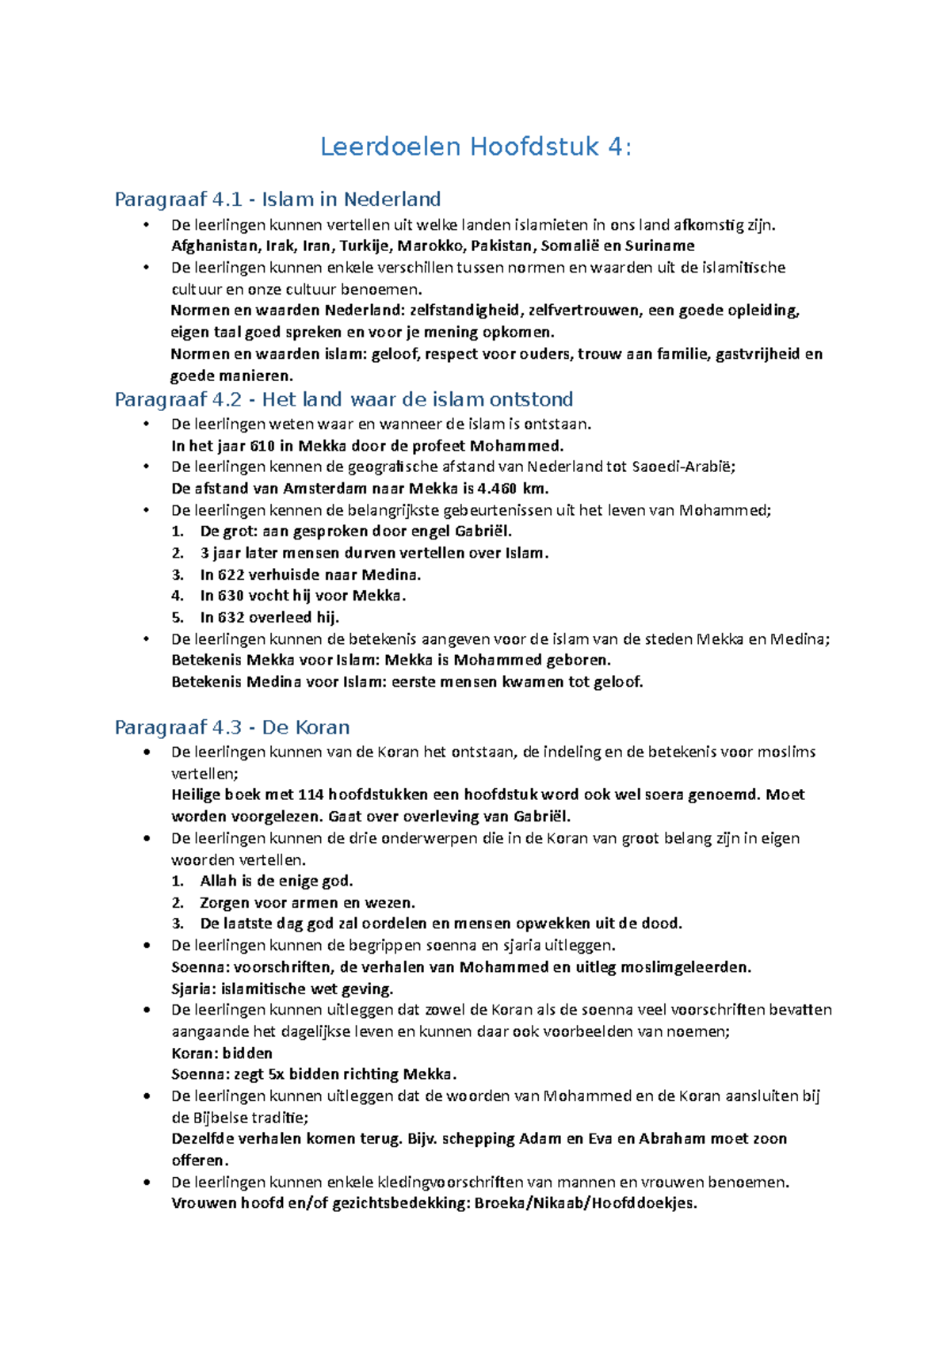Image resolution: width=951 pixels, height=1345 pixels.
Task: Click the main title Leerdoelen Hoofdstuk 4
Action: pos(475,147)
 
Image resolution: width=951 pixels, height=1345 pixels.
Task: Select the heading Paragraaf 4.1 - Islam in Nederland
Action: pos(277,199)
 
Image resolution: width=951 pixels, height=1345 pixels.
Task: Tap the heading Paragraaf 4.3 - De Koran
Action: pos(232,727)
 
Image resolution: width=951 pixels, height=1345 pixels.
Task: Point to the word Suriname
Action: pos(660,246)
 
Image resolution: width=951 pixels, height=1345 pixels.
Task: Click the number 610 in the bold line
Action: pos(262,445)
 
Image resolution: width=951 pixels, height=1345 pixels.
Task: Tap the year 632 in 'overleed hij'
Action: pos(231,617)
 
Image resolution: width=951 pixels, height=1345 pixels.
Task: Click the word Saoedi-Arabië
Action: pos(683,467)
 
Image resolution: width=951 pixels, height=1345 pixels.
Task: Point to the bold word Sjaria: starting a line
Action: pos(193,989)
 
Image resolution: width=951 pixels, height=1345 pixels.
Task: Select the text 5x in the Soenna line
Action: pos(276,1074)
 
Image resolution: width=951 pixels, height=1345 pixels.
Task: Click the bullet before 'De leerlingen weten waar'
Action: pos(146,424)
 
